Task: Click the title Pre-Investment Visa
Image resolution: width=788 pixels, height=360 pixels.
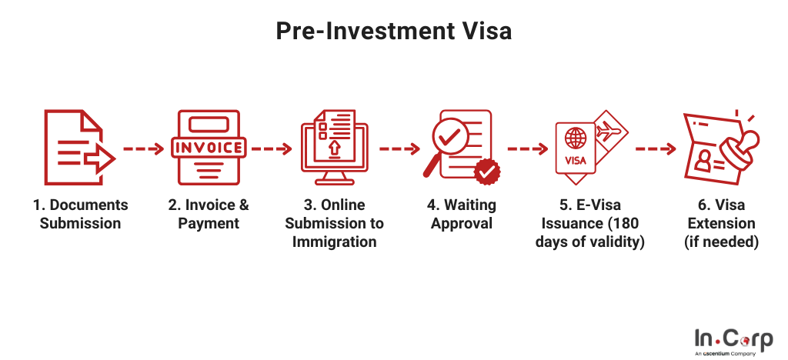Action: click(393, 31)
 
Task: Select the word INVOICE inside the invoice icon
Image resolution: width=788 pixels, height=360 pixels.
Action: click(208, 148)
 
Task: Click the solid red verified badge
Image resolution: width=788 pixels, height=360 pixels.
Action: click(487, 172)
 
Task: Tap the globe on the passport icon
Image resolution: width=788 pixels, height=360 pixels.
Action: click(575, 137)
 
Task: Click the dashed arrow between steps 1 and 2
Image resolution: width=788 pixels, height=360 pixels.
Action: click(144, 148)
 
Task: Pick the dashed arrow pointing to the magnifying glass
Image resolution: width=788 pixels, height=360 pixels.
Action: click(399, 148)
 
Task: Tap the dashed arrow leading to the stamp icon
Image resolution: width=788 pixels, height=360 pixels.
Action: click(656, 148)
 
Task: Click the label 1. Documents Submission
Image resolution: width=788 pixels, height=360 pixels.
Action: click(80, 214)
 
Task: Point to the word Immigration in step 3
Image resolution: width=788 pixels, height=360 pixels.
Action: click(334, 242)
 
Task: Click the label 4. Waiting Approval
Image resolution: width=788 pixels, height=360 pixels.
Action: click(462, 214)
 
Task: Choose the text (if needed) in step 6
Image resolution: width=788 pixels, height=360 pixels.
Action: click(721, 242)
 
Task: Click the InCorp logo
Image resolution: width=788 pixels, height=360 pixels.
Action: click(733, 342)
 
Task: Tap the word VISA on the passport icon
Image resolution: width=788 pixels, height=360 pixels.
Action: click(576, 162)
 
